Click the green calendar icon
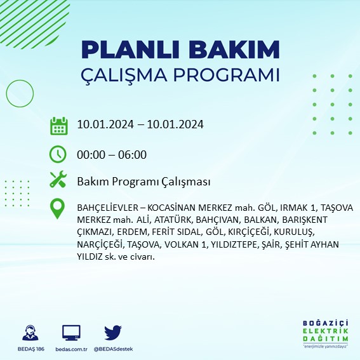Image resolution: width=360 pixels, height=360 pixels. (x=58, y=125)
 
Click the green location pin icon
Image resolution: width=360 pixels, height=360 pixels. (x=58, y=209)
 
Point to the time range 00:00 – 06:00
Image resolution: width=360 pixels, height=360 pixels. (x=112, y=154)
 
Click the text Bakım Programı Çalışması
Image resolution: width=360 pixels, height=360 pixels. (x=143, y=182)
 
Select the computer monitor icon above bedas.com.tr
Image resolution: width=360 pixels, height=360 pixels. (x=71, y=332)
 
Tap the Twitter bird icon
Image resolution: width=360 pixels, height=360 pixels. (x=112, y=332)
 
